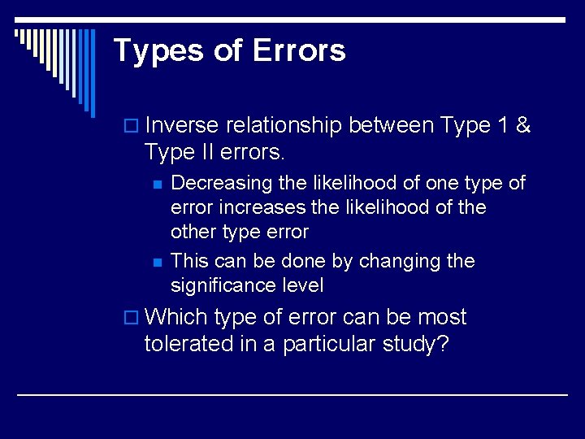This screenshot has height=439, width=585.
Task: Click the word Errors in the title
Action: [x=299, y=50]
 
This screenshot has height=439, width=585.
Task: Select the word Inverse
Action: [x=182, y=126]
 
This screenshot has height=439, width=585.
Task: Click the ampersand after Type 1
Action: [x=523, y=126]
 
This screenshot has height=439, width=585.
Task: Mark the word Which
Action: [x=176, y=317]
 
